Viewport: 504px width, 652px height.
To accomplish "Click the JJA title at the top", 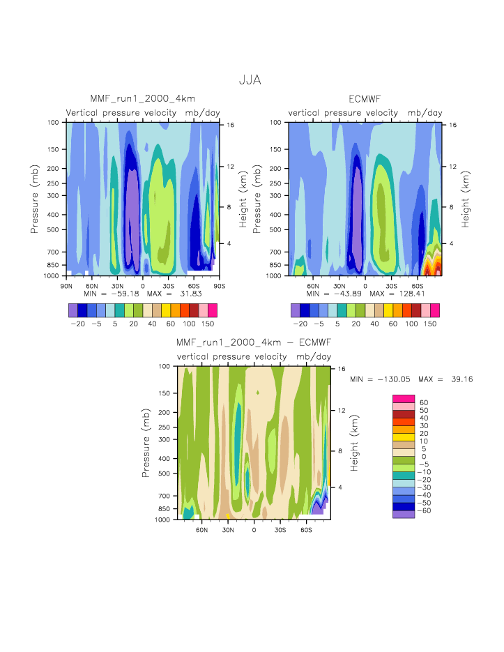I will click(x=250, y=80).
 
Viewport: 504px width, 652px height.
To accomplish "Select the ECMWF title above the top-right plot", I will click(x=365, y=99).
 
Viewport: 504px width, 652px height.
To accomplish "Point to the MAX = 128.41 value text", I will click(x=397, y=293).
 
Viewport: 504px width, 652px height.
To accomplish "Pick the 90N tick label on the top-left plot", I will click(x=66, y=285).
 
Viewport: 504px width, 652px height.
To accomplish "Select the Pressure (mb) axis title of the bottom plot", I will click(x=146, y=442).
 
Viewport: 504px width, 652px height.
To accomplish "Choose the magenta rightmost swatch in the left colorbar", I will click(x=212, y=310).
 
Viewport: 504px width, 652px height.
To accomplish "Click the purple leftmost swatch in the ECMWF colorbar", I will click(x=295, y=310).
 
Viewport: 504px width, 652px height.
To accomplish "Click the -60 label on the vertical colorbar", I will click(x=424, y=510).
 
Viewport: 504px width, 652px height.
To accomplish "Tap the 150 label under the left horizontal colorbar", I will click(x=207, y=324).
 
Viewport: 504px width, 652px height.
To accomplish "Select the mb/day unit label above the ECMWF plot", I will click(x=425, y=113).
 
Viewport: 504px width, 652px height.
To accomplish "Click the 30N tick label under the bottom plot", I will click(x=227, y=529).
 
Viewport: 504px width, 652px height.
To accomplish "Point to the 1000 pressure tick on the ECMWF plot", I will click(x=277, y=276).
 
